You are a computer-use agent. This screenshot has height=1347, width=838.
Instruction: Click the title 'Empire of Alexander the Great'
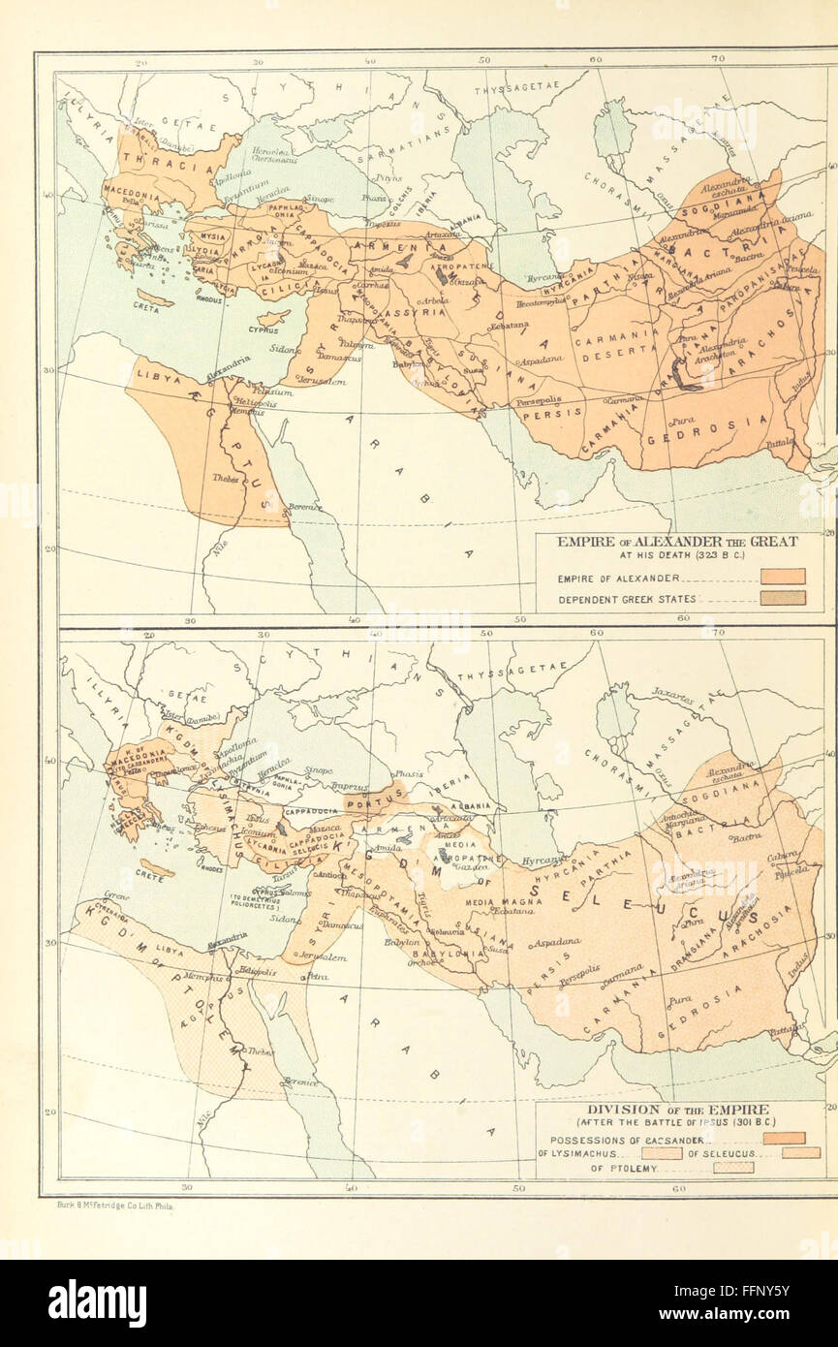pos(677,542)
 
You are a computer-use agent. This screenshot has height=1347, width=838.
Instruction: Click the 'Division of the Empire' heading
pos(677,1110)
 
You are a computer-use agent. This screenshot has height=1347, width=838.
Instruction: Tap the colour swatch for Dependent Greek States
pos(783,598)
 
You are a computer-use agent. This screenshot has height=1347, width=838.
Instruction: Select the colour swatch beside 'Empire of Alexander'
pos(783,577)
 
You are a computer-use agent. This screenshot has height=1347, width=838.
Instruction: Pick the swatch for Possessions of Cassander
pos(783,1138)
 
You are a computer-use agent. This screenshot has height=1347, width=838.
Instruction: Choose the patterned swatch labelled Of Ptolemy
pos(732,1168)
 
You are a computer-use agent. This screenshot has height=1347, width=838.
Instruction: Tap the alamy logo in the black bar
pos(97,1303)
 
